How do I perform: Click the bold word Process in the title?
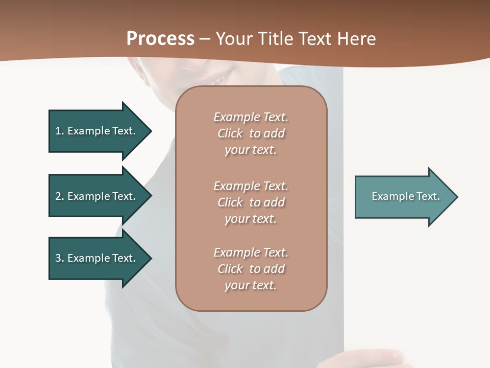[x=160, y=38]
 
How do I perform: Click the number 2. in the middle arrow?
[x=59, y=196]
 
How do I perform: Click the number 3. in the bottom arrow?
[x=59, y=258]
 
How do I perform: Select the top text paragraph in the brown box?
[x=251, y=133]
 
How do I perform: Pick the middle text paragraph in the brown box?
[x=251, y=202]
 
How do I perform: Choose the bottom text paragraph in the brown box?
[x=251, y=269]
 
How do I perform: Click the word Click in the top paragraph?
[x=230, y=134]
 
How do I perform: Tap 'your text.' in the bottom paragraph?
[x=251, y=285]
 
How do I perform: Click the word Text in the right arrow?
[x=428, y=196]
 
